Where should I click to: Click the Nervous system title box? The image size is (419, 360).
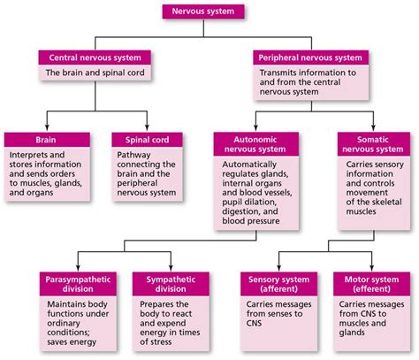[209, 11]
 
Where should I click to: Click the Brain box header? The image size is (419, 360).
[47, 140]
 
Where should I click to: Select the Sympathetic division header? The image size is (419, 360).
[164, 284]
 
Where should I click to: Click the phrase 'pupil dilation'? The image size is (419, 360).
[249, 202]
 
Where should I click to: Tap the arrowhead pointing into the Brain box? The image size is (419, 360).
[47, 128]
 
